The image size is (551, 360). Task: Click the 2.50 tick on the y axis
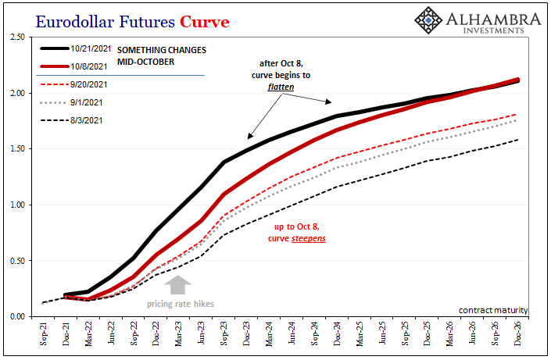16,37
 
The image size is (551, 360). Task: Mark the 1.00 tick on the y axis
16,205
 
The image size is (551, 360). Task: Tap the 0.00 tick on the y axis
16,316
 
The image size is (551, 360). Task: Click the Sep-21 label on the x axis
43,333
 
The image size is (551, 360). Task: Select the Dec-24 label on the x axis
337,333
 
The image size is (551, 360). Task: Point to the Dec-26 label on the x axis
517,333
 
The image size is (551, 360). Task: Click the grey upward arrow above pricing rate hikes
179,285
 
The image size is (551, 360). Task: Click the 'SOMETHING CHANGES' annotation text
162,50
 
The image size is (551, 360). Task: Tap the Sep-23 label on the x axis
224,333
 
